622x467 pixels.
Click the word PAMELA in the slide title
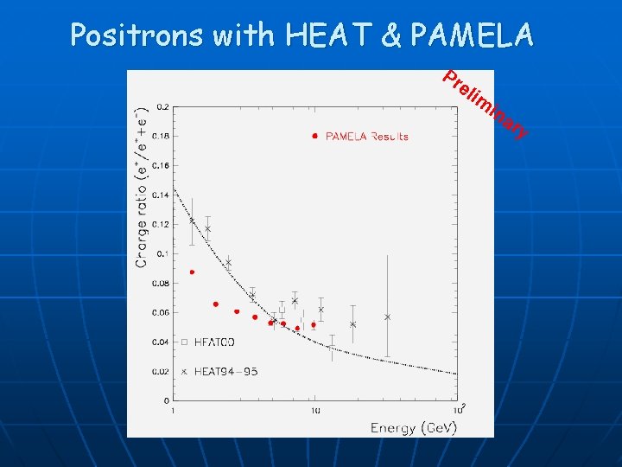click(473, 35)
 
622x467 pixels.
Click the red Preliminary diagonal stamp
click(484, 105)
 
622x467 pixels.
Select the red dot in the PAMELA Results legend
click(315, 136)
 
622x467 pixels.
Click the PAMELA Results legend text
click(366, 136)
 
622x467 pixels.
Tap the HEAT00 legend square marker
click(184, 342)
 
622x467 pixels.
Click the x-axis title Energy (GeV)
click(414, 427)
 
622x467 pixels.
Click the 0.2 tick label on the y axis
click(162, 106)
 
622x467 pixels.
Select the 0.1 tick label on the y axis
click(162, 253)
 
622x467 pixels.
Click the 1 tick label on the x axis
click(174, 410)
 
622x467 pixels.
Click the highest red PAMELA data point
click(192, 272)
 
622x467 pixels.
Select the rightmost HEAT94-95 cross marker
click(388, 317)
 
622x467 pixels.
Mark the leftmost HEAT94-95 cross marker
click(192, 221)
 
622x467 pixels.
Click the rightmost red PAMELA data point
click(314, 325)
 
